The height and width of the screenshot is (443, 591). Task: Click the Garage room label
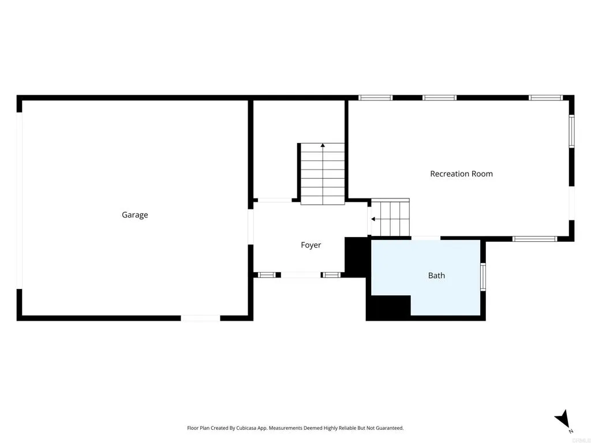pos(134,215)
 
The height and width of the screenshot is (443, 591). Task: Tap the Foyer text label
pos(311,245)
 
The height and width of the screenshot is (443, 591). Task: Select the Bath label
pos(436,276)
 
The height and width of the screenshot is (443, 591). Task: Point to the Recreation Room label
pos(461,174)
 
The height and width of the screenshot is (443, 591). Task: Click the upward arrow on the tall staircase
pos(323,147)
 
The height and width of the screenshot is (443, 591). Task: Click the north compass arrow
pos(563,419)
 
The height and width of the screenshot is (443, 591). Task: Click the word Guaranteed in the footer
pos(390,428)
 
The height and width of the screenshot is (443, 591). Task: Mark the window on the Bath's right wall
pos(483,276)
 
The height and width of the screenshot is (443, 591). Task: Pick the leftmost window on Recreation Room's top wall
pos(375,97)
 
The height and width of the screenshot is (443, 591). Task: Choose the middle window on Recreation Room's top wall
pos(439,97)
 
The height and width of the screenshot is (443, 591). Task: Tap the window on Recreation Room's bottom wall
pos(534,239)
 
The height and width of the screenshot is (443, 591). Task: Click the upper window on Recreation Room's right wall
pos(571,132)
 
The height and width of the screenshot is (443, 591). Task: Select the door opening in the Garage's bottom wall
pos(200,318)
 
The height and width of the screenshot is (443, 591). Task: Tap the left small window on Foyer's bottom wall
pos(266,275)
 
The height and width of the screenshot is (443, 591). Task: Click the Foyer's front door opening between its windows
pos(301,275)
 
